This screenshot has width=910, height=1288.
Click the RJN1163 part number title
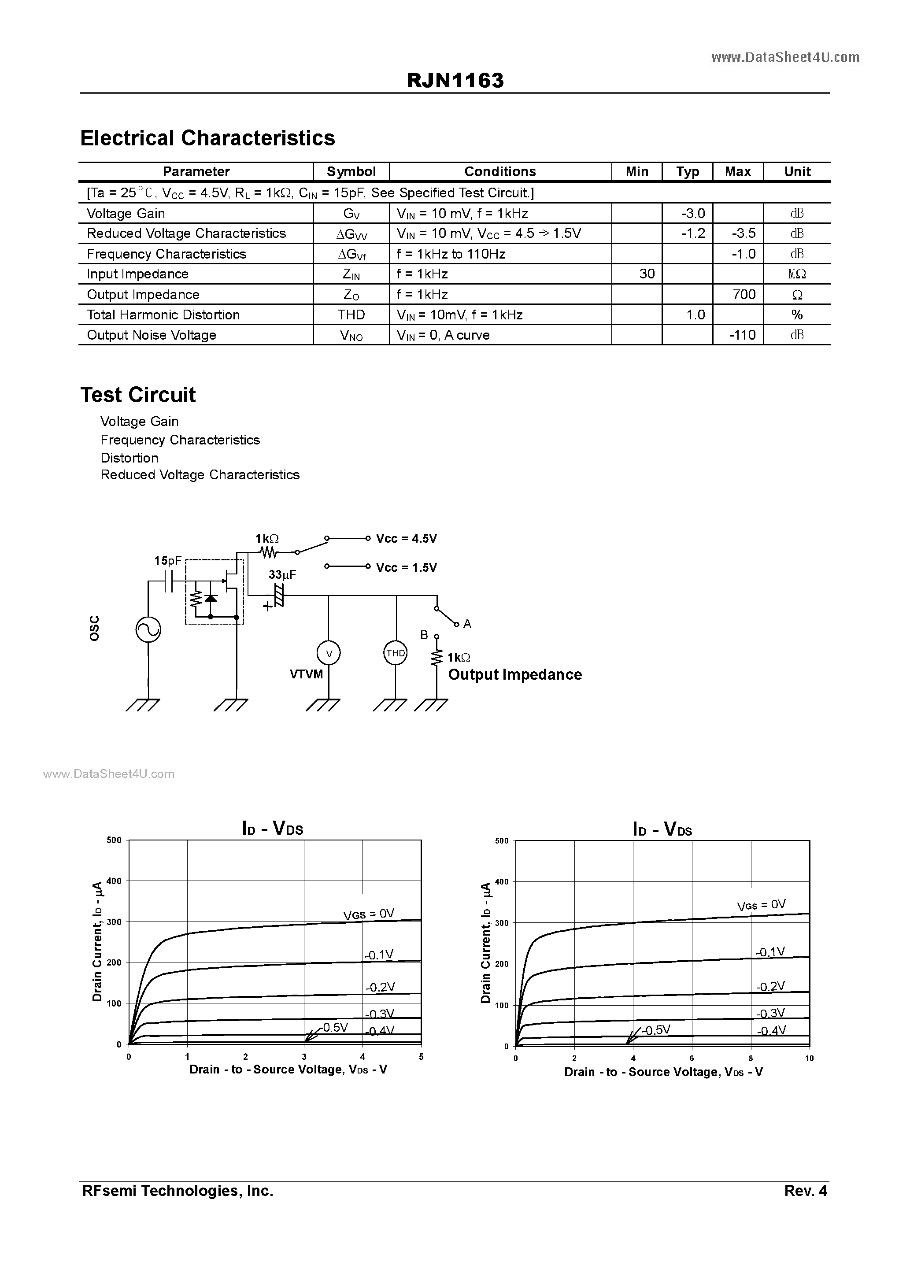coord(455,81)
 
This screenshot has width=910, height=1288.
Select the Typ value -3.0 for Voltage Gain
coord(693,214)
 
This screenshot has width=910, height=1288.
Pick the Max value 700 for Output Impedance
coord(744,295)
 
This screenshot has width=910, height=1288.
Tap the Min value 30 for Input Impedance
coord(647,274)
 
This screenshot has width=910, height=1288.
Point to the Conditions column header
coord(500,172)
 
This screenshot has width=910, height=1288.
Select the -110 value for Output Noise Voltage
coord(742,335)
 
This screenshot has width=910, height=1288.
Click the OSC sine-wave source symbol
coord(149,629)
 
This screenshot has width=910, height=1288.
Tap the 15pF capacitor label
coord(168,560)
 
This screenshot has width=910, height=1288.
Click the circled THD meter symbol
coord(395,653)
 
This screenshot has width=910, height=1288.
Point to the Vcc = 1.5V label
coord(406,568)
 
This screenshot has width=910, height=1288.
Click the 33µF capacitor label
coord(282,575)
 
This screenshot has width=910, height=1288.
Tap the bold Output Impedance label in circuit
coord(514,674)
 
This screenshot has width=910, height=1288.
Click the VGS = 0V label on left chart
coord(369,914)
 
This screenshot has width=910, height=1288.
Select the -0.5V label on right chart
coord(656,1030)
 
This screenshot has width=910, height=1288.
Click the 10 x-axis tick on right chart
coord(809,1059)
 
